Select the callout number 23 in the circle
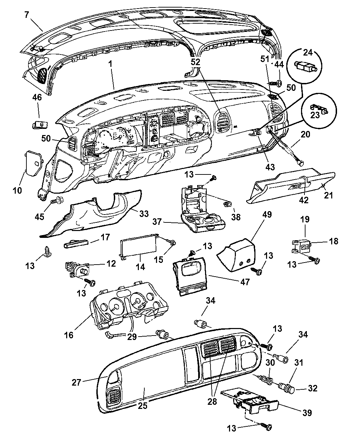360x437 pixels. click(315, 115)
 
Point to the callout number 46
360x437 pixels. click(37, 97)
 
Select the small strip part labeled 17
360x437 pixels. click(76, 244)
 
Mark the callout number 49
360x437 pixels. click(267, 215)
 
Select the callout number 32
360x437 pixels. click(313, 388)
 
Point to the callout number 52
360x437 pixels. click(196, 62)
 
